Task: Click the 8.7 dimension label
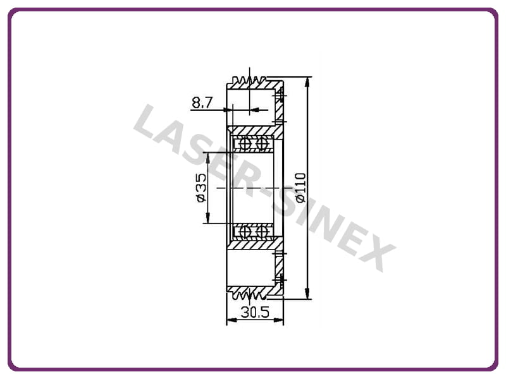(x=202, y=102)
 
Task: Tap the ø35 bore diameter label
(x=201, y=188)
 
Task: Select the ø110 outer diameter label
(x=300, y=188)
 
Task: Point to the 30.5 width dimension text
(x=255, y=312)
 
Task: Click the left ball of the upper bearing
(x=245, y=143)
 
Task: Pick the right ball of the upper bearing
(x=262, y=143)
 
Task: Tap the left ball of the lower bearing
(x=245, y=231)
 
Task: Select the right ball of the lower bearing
(x=262, y=231)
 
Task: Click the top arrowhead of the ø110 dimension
(x=307, y=82)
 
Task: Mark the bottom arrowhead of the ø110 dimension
(x=307, y=294)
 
